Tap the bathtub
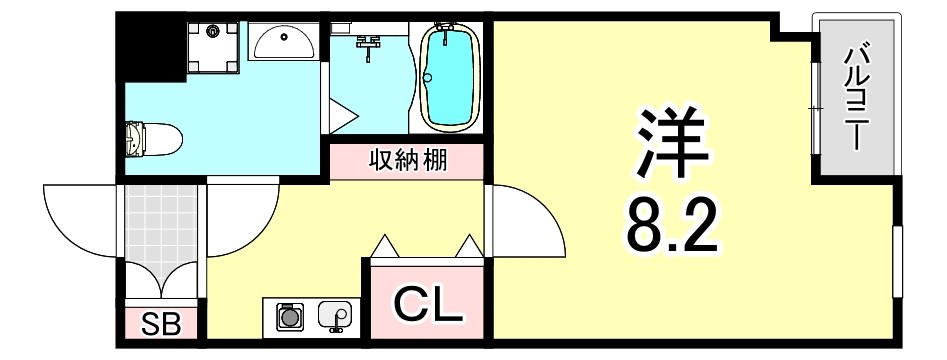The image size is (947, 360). click(x=449, y=78)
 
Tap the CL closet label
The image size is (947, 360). click(x=427, y=304)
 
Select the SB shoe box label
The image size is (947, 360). click(x=160, y=323)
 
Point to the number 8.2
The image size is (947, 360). click(x=672, y=227)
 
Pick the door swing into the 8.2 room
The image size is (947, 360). click(x=528, y=220)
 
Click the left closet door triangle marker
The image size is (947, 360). click(x=385, y=246)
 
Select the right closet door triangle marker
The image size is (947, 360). click(x=468, y=246)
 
